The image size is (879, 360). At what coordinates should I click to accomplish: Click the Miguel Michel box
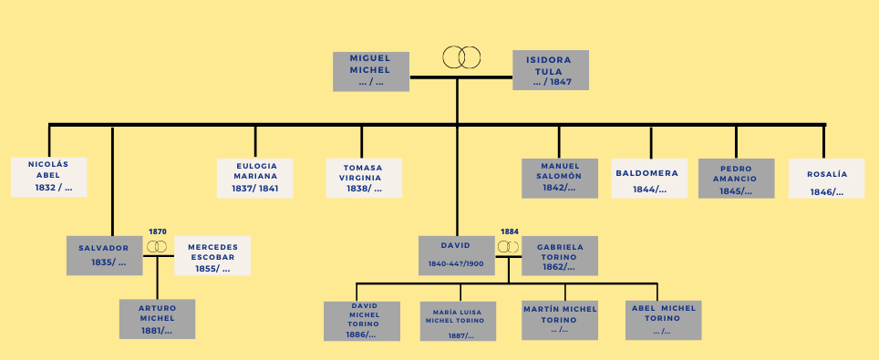point(369,70)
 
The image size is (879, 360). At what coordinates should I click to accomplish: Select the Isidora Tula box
point(550,70)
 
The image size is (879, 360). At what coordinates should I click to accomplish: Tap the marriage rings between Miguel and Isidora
point(461,57)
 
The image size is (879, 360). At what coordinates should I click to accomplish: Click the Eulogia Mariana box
point(255,177)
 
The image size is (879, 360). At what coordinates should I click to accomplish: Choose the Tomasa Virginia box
point(363,178)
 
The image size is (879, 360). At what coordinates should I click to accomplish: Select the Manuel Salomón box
point(560,178)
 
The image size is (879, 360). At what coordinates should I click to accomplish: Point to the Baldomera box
point(649,178)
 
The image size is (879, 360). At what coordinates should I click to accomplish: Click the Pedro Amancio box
point(736,178)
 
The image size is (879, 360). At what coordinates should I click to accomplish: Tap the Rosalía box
point(826,178)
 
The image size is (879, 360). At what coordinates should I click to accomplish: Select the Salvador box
point(104,255)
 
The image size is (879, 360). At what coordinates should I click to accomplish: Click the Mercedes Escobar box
point(212,256)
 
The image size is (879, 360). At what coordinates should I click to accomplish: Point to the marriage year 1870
point(158,231)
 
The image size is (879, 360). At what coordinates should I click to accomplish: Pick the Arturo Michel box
point(157,319)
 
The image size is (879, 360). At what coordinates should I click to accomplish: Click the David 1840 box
point(456,255)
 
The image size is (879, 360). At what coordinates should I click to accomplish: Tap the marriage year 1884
point(509,231)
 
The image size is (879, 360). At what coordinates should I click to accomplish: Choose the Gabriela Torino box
point(560,255)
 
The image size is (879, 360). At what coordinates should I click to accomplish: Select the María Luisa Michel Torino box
point(459,321)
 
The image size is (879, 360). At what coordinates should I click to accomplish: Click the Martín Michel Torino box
point(560,320)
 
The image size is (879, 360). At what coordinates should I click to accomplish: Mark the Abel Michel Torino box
point(663,320)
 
